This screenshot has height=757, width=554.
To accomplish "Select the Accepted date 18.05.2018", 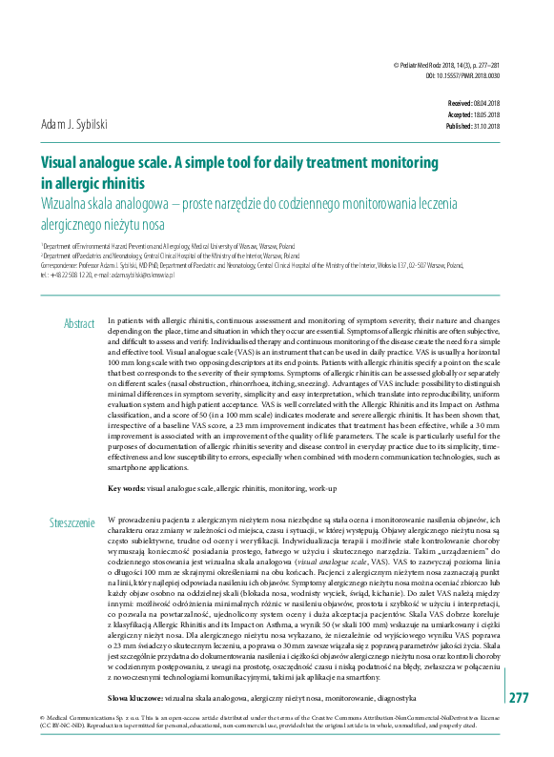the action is (482, 113).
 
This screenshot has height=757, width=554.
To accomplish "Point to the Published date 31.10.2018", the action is (482, 126).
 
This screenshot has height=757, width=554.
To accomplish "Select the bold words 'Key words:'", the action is (127, 487).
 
